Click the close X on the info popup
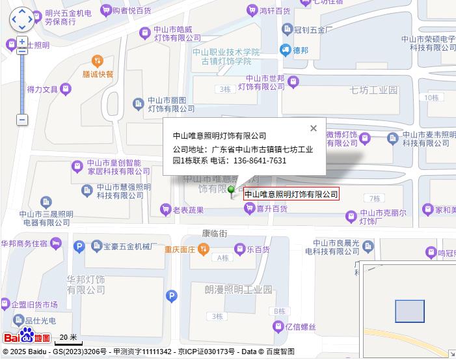[314, 128]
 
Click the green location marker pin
[232, 190]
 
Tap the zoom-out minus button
[22, 120]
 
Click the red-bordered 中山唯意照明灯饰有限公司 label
[291, 194]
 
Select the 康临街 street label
[215, 232]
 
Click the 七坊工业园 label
[373, 90]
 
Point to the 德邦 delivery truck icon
[285, 49]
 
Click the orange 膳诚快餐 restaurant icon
[98, 61]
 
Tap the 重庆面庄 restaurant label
[180, 249]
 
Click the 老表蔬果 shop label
[188, 210]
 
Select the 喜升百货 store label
[272, 208]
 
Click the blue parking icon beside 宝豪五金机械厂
[79, 246]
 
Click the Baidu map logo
[27, 337]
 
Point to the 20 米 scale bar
[68, 339]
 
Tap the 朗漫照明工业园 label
[238, 288]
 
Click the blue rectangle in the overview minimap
[409, 311]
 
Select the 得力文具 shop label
[43, 89]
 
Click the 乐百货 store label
[258, 249]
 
